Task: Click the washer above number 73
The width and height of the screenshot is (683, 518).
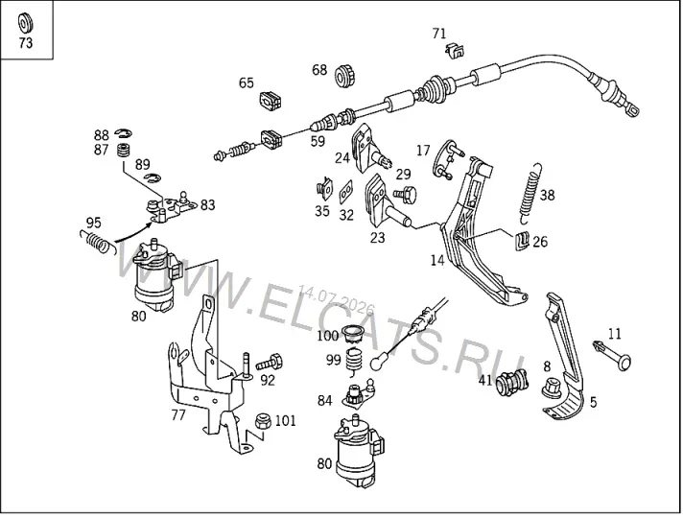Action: pos(25,23)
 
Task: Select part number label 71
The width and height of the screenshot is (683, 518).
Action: pos(439,34)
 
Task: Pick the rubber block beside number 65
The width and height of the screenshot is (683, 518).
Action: pos(271,101)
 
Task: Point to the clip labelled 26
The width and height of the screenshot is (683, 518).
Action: pos(522,240)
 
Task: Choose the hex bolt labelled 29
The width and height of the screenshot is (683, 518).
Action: pos(405,194)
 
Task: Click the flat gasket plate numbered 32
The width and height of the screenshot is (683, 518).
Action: pos(346,192)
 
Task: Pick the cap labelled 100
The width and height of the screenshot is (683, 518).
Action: pos(353,334)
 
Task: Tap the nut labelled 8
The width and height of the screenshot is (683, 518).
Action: pos(552,387)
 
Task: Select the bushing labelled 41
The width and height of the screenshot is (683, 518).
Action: pos(512,384)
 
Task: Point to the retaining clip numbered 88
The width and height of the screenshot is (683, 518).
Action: pos(124,132)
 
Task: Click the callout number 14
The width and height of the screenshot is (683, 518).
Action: pos(437,261)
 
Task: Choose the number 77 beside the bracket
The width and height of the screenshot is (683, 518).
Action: pos(178,414)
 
